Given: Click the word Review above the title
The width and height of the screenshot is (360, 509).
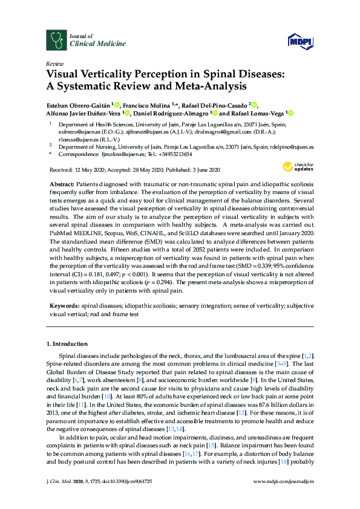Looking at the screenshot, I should [54, 63].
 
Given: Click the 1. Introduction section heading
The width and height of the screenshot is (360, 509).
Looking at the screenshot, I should [68, 343].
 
